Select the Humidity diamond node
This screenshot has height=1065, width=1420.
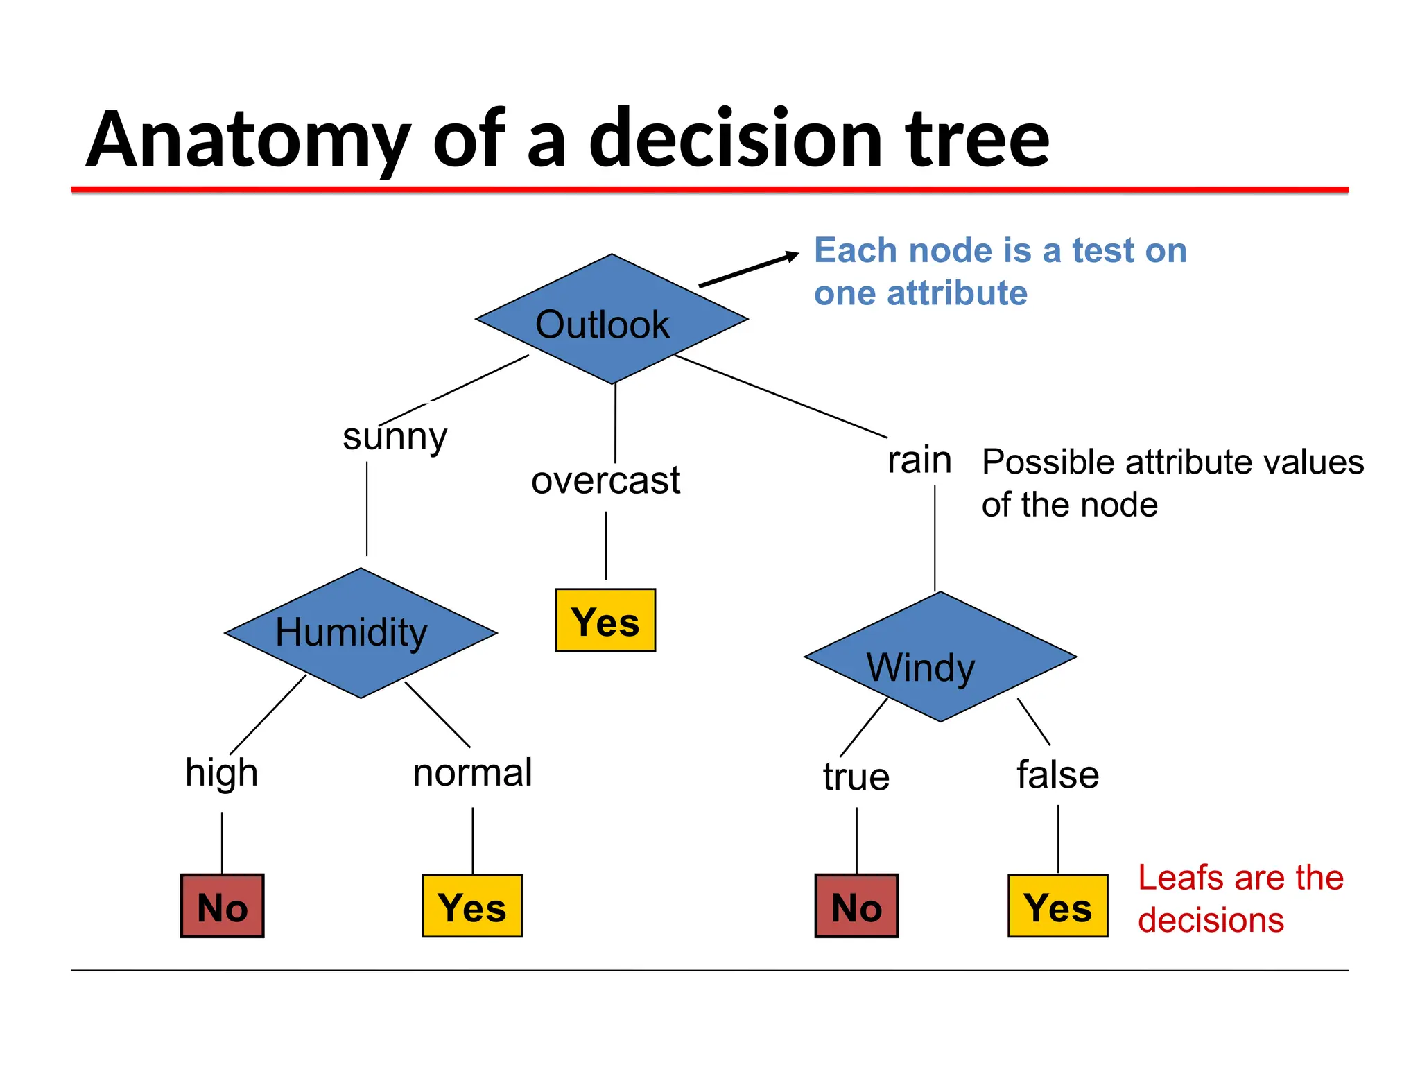[x=361, y=633]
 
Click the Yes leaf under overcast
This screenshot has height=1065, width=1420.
[x=605, y=621]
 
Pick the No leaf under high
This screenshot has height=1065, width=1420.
[x=223, y=906]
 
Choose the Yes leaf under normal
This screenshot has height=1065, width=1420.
[x=472, y=906]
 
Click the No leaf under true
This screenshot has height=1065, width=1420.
[x=856, y=906]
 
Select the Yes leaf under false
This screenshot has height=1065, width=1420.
[x=1057, y=906]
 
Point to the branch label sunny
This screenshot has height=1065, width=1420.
[x=395, y=437]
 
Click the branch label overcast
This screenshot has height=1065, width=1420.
[x=605, y=480]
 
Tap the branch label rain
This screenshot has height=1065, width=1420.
[x=919, y=460]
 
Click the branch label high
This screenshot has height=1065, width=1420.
[x=221, y=773]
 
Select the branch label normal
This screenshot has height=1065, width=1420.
[x=472, y=772]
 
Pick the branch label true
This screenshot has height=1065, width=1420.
[x=856, y=777]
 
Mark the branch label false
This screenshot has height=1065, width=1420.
[x=1057, y=774]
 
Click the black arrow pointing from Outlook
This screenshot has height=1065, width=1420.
[x=749, y=270]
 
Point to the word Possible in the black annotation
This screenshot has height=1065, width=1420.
[x=1050, y=462]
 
